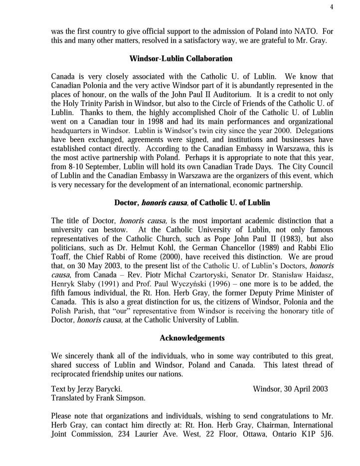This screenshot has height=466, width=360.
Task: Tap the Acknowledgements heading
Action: pyautogui.click(x=192, y=338)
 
